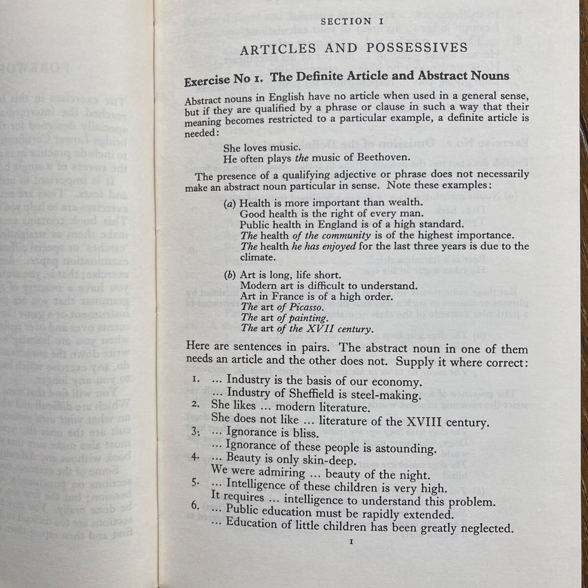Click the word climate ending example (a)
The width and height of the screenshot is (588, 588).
click(258, 257)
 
